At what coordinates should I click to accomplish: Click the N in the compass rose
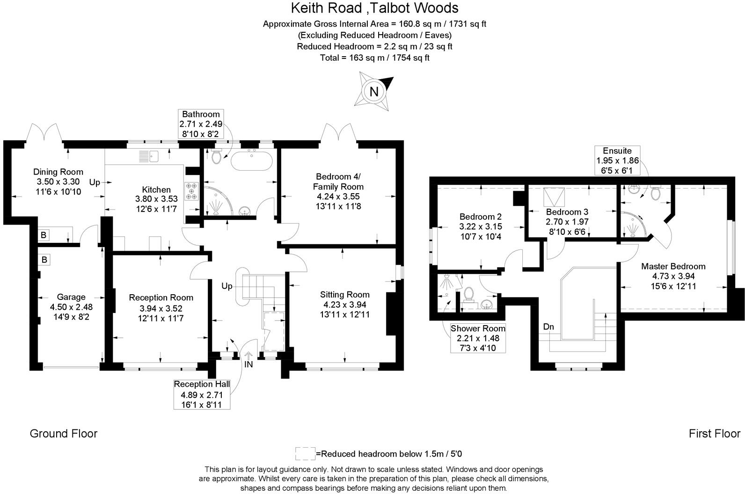pyautogui.click(x=373, y=92)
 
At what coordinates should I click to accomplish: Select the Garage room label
pyautogui.click(x=71, y=297)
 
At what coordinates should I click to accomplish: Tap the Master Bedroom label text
pyautogui.click(x=673, y=266)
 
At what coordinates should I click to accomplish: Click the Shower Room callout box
pyautogui.click(x=478, y=338)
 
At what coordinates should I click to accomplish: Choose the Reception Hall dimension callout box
pyautogui.click(x=202, y=394)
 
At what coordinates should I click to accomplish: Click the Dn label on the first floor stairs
pyautogui.click(x=548, y=327)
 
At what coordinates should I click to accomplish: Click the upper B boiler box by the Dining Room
pyautogui.click(x=44, y=235)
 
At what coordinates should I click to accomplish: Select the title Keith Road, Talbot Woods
pyautogui.click(x=374, y=8)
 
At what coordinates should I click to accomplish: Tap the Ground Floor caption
pyautogui.click(x=64, y=433)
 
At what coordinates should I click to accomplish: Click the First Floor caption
pyautogui.click(x=714, y=433)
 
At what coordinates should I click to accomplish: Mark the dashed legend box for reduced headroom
pyautogui.click(x=305, y=453)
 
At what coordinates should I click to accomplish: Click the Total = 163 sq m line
pyautogui.click(x=374, y=58)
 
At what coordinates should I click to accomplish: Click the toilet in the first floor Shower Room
pyautogui.click(x=468, y=294)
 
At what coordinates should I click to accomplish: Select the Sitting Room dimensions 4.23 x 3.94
pyautogui.click(x=345, y=305)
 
